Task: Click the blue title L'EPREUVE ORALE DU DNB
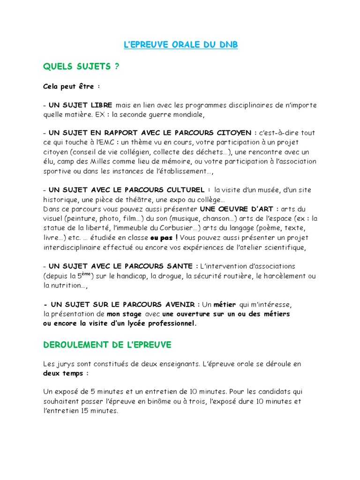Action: coord(180,45)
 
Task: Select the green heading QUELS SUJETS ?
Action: coord(81,67)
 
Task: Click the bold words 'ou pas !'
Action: coord(164,238)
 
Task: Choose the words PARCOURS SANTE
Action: coord(162,266)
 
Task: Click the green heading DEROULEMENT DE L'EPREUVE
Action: coord(107,345)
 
